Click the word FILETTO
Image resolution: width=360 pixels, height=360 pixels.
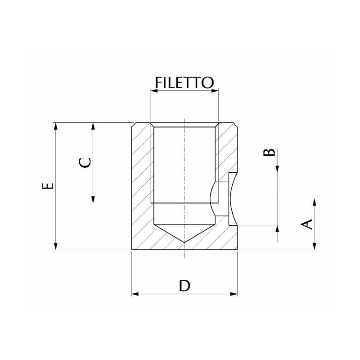184,83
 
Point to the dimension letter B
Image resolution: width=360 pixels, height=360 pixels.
269,151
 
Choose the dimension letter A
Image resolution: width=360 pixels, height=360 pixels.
307,224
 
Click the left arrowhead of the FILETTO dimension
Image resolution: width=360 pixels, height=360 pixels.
153,91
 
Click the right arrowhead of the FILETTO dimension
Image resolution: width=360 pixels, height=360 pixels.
216,91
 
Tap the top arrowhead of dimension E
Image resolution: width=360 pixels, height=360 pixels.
55,126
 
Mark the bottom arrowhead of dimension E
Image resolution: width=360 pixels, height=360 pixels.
55,246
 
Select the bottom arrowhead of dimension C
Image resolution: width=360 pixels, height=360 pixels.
93,199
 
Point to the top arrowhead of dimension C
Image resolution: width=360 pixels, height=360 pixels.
93,126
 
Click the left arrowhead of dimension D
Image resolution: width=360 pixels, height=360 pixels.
134,294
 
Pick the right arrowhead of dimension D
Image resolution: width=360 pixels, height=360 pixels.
234,294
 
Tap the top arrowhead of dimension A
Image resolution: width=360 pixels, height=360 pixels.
314,202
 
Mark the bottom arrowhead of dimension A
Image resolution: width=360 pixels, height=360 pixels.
314,246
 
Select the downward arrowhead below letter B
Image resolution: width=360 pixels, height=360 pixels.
278,169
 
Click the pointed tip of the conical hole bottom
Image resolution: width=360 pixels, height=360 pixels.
184,243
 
